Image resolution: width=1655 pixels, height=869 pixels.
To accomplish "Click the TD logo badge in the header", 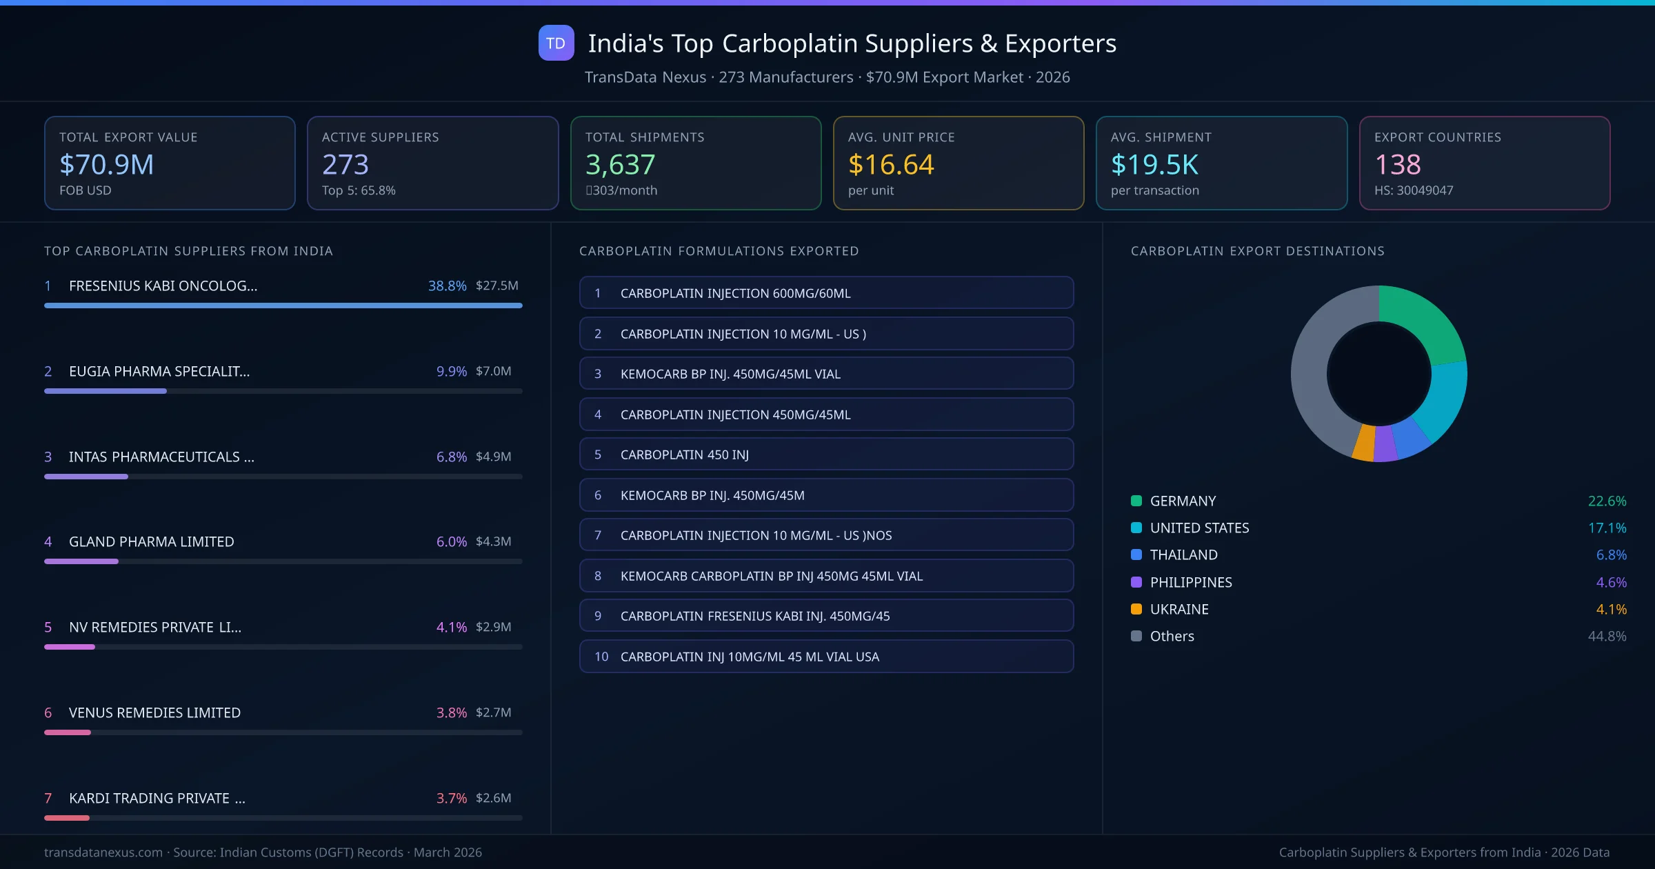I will [x=556, y=43].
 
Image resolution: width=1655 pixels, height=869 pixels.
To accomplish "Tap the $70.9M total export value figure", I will [x=106, y=164].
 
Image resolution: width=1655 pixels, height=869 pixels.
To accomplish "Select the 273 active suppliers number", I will [x=345, y=164].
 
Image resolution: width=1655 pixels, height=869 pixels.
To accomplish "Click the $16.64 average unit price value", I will [x=890, y=164].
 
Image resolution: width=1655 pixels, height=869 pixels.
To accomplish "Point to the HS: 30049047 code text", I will [x=1413, y=190].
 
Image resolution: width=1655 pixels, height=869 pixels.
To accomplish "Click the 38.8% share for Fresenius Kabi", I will [x=447, y=286].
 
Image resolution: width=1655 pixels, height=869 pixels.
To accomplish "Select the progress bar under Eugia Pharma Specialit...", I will [x=283, y=391].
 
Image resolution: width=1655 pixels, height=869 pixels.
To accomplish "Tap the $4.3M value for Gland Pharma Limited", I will [x=493, y=541].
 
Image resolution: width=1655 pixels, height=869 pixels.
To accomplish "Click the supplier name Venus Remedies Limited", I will [x=154, y=712].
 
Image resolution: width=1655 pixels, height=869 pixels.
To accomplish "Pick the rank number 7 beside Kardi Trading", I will [x=48, y=798].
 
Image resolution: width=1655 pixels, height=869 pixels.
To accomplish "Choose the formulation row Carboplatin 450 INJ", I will [x=825, y=455].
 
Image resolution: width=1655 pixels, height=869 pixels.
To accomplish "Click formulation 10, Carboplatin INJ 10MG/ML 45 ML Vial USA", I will [x=825, y=657].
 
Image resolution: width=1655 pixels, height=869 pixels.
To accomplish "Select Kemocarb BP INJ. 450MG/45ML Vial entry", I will [x=825, y=374].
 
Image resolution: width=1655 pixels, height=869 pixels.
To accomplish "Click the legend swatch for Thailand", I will [x=1136, y=555].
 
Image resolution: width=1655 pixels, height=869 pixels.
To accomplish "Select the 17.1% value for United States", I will [x=1607, y=528].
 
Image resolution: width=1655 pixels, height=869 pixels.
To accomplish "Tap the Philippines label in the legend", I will [x=1190, y=582].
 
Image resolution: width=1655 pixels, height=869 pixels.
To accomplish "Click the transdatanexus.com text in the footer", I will [x=103, y=852].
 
